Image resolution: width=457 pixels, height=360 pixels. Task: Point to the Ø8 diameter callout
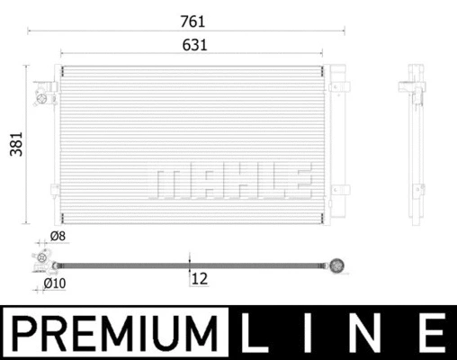pos(58,237)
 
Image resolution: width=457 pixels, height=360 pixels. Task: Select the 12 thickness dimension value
pos(200,280)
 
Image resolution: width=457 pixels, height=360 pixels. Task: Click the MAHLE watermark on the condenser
pos(232,180)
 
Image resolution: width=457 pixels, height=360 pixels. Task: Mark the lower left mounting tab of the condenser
pos(53,190)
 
